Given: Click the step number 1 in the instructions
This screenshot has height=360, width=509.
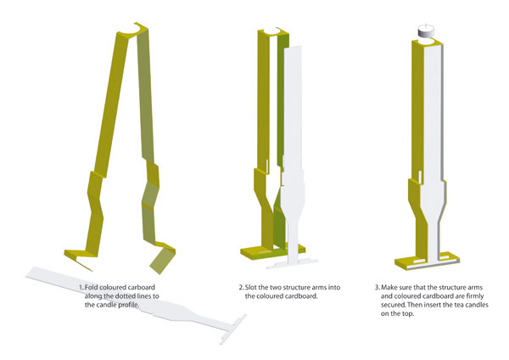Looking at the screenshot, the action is pos(81,288).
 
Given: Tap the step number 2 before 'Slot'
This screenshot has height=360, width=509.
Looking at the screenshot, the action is pos(241,288).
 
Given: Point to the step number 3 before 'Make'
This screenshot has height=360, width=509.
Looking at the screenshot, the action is pos(378,288).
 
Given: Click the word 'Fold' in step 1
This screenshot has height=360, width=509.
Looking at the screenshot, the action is pos(92,288).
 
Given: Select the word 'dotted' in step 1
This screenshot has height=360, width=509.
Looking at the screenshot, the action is pos(118,296).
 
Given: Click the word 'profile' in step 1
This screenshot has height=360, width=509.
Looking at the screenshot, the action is pos(129,305).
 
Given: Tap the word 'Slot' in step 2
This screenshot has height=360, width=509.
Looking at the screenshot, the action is pos(251,288).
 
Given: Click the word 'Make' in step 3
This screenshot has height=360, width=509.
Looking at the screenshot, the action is pos(389,288).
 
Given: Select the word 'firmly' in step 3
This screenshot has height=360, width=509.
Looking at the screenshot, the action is pos(474,296).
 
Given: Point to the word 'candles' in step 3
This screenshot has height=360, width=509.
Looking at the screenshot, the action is pos(477,305).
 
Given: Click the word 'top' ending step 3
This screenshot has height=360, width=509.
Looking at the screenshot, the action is pos(409,314).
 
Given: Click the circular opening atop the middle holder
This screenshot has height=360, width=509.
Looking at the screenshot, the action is pos(272,31).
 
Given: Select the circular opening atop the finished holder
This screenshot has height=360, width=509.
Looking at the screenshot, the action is pos(426,42).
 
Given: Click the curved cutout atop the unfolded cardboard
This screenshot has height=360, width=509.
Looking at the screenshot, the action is pos(137,31).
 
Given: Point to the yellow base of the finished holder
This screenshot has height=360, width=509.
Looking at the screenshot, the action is pos(427,260).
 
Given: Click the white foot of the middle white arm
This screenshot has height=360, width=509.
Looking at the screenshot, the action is pos(292,262).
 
